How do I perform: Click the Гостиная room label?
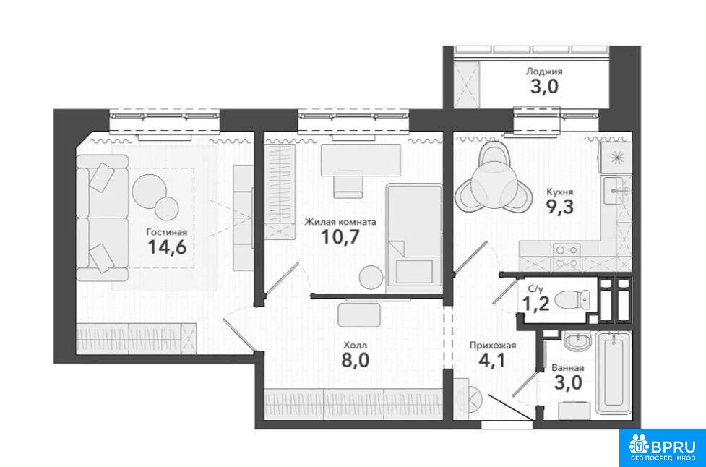click(167, 232)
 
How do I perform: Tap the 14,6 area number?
click(167, 247)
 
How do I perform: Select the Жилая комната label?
click(340, 222)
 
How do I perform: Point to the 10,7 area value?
click(340, 236)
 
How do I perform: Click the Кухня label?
click(559, 192)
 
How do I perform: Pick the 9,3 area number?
click(560, 207)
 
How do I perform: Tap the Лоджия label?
click(544, 72)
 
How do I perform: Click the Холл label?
click(356, 346)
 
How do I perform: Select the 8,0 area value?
click(356, 361)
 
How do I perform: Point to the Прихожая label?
click(493, 346)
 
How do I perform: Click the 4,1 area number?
click(493, 361)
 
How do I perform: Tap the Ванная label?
click(568, 368)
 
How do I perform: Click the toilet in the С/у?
click(572, 300)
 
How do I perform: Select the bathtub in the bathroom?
click(614, 372)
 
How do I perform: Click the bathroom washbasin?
click(577, 342)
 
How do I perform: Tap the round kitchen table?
click(492, 184)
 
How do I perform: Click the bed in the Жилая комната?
click(414, 235)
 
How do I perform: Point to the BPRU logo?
click(663, 447)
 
